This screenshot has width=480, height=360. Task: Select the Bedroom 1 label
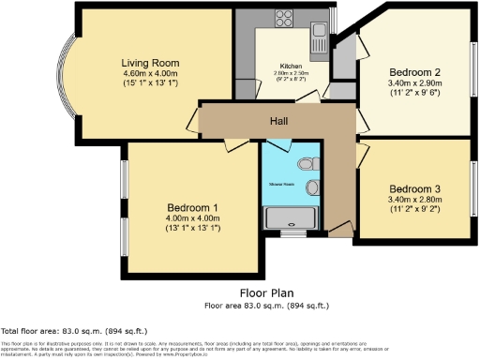click(192, 207)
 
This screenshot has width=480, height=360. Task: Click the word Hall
click(279, 120)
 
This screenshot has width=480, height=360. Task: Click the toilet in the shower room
click(307, 164)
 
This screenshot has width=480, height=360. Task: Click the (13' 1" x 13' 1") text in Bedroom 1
click(192, 229)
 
